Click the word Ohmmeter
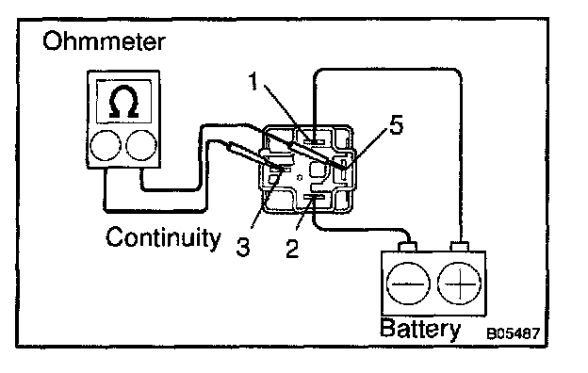point(104,41)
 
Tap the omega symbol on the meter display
point(123,102)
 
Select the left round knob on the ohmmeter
point(106,145)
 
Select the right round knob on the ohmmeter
point(141,145)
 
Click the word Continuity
point(163,237)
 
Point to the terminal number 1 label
point(253,81)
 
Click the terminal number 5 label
point(396,124)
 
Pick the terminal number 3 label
point(243,247)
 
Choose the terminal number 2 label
point(292,248)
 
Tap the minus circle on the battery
point(408,284)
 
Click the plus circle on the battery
point(460,284)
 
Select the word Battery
point(420,329)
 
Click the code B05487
point(514,333)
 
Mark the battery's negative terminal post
point(407,247)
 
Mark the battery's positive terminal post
point(460,247)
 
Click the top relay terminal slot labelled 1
point(314,142)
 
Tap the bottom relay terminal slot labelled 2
point(314,197)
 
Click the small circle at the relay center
point(300,177)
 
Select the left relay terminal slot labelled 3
point(281,170)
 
